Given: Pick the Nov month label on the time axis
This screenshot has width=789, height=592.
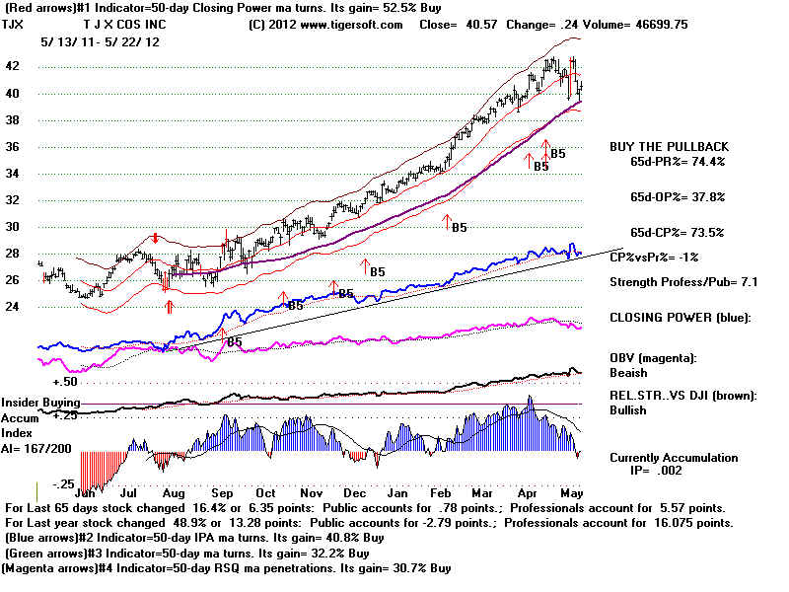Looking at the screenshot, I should [312, 491].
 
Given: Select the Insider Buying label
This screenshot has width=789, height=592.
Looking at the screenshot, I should [39, 403].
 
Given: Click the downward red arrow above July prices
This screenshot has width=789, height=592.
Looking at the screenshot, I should [155, 238].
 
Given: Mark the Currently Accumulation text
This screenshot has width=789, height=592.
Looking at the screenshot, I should [674, 458].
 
